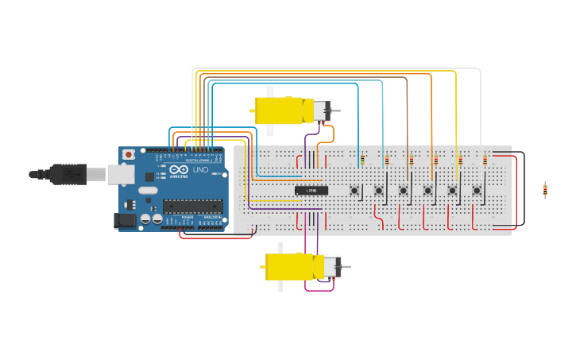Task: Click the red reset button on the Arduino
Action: pos(129,155)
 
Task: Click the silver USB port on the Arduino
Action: pos(121,174)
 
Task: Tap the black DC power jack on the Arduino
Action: pos(125,221)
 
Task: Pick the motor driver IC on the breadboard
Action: pos(311,191)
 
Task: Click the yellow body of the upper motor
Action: pos(278,110)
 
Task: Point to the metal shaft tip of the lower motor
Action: pos(348,267)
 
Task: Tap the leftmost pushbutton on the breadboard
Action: pos(354,190)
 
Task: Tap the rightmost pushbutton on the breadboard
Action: pos(477,190)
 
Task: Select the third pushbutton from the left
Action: pos(404,190)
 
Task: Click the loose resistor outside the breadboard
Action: pos(545,190)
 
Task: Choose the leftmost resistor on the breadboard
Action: pos(362,160)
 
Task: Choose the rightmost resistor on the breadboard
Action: pos(485,160)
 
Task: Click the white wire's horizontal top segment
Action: pos(334,69)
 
